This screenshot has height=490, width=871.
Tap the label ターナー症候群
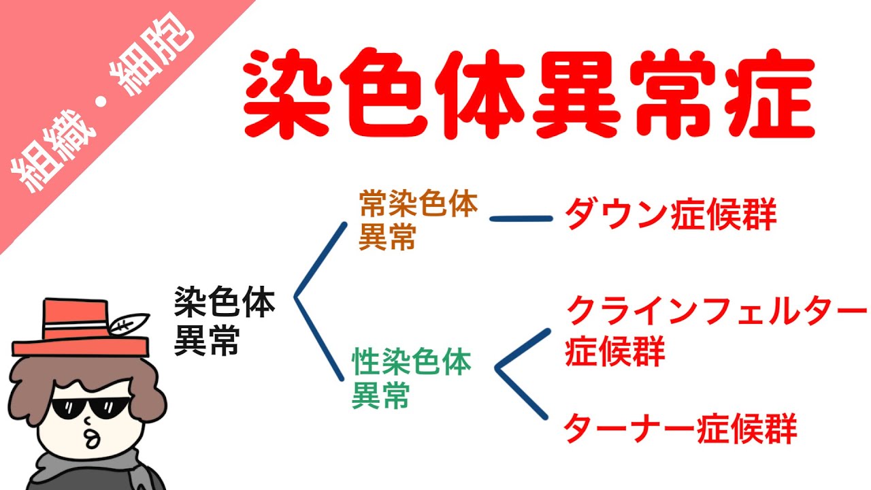pos(680,428)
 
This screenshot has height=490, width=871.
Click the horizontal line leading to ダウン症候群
pos(521,219)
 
